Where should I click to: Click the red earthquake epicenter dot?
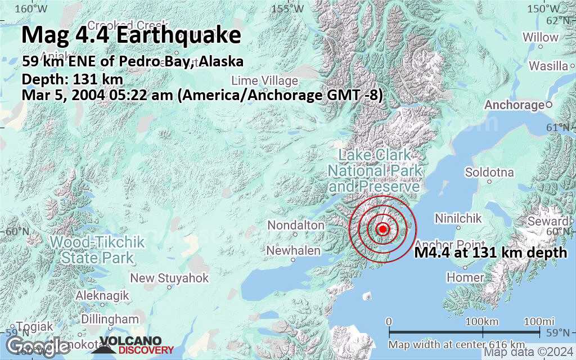coord(382,229)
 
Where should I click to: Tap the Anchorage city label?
coord(514,105)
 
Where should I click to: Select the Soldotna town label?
coord(489,172)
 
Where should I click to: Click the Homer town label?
coord(465,277)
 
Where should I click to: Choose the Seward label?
coord(547,222)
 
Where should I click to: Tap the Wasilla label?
coord(548,66)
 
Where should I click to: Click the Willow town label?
coord(540,37)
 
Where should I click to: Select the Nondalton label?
coord(296,226)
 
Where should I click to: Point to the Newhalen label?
coord(293,251)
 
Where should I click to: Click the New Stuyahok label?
coord(169,278)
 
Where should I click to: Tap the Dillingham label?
coord(106,319)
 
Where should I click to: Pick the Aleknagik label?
coord(102,295)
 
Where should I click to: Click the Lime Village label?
coord(264,80)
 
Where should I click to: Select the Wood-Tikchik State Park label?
coord(97,250)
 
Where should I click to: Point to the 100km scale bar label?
coord(483,321)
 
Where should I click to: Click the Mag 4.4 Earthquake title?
coord(131,35)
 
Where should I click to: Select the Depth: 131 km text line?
coord(72,79)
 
